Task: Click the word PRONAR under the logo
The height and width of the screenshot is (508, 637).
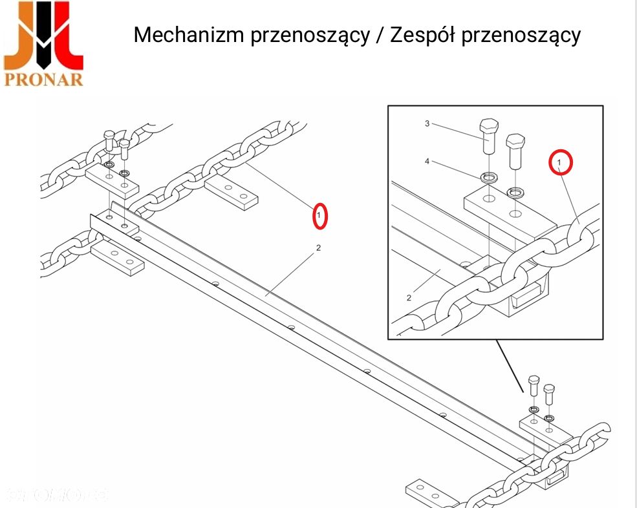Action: pyautogui.click(x=44, y=79)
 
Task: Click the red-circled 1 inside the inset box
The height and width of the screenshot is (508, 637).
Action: pyautogui.click(x=559, y=162)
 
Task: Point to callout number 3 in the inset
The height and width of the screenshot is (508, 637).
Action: pyautogui.click(x=427, y=123)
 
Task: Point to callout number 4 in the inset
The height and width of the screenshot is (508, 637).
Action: pyautogui.click(x=427, y=161)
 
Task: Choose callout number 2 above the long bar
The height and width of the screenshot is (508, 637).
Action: pyautogui.click(x=318, y=248)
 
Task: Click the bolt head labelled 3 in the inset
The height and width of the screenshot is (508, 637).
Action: pyautogui.click(x=489, y=126)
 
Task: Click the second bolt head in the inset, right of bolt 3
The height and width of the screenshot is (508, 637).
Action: pyautogui.click(x=515, y=141)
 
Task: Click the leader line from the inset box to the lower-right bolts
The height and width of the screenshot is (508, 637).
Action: pyautogui.click(x=510, y=365)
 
